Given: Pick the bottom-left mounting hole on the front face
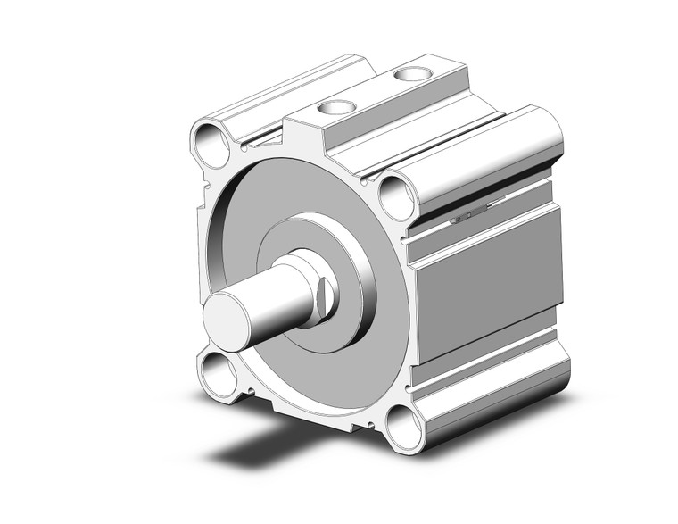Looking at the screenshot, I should pos(217,369).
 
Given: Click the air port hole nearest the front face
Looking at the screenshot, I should pos(336,109).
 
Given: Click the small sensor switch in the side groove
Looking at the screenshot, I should pos(468,216).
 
